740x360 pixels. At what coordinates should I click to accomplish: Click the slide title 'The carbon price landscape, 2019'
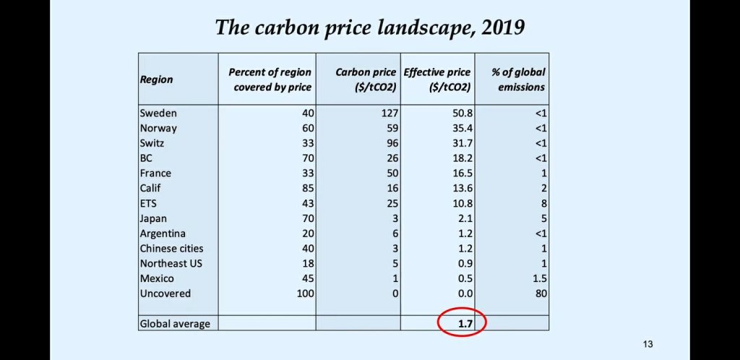(370, 27)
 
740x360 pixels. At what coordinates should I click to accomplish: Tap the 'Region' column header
(156, 80)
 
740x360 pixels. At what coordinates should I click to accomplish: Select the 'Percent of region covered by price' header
(270, 80)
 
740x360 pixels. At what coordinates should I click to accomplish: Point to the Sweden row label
(158, 113)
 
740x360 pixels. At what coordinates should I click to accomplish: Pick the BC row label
(146, 158)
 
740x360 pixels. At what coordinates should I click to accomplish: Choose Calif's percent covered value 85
(306, 189)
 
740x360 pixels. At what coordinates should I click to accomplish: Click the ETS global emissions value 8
(542, 203)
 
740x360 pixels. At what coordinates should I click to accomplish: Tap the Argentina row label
(163, 233)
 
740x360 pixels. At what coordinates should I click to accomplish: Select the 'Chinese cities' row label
(171, 249)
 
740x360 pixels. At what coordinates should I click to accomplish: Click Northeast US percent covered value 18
(306, 263)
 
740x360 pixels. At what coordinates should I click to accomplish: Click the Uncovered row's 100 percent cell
(303, 293)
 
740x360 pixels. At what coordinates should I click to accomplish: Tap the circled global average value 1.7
(463, 324)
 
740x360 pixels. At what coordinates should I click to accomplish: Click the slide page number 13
(647, 344)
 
